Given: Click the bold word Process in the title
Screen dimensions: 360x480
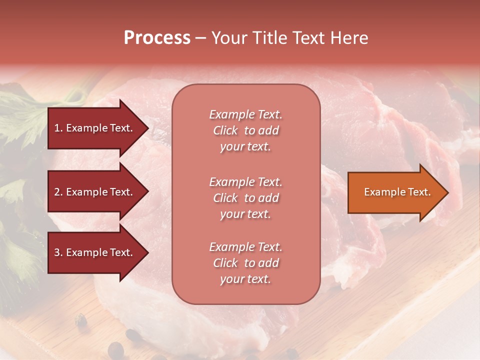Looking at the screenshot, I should (x=157, y=38).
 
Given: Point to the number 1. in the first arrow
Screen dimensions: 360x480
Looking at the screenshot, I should (x=58, y=128).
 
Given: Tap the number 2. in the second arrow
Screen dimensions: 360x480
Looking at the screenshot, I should (x=58, y=192).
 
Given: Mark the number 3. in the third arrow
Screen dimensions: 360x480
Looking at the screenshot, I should (x=58, y=252).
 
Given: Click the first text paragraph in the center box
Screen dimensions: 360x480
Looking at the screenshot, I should (x=245, y=130).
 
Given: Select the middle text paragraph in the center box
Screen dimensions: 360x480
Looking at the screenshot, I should (x=245, y=198).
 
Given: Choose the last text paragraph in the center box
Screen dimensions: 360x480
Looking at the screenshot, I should (x=245, y=263).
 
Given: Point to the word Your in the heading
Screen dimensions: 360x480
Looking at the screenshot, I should (x=227, y=38).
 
